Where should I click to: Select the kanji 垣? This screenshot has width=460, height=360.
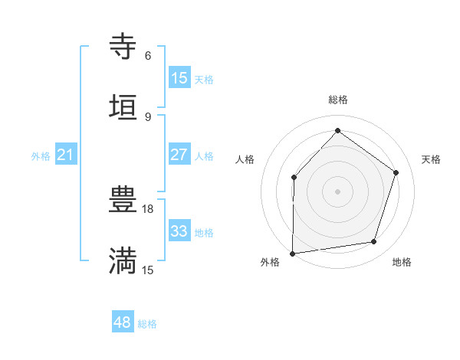[123, 108]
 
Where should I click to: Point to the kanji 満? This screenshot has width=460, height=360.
[123, 261]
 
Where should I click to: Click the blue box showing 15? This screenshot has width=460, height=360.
[179, 78]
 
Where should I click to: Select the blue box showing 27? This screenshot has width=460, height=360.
[179, 155]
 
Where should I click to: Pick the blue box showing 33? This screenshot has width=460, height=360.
[179, 231]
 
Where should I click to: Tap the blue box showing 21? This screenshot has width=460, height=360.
[66, 155]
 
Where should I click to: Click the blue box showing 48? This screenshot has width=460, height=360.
[123, 323]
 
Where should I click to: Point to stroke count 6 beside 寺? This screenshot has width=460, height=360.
[148, 56]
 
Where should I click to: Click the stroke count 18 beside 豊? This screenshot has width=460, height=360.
[149, 208]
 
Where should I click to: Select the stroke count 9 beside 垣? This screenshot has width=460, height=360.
[148, 116]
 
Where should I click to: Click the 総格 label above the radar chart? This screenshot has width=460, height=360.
[338, 100]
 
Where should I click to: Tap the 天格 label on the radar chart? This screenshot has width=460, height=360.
[431, 159]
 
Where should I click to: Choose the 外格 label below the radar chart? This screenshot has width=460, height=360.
[270, 263]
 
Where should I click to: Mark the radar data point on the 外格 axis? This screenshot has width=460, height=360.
[293, 253]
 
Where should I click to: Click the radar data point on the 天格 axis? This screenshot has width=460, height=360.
[396, 172]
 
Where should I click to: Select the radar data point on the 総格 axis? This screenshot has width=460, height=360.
[337, 131]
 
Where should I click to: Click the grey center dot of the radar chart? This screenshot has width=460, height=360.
[337, 191]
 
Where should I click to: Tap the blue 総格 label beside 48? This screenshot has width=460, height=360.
[147, 324]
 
